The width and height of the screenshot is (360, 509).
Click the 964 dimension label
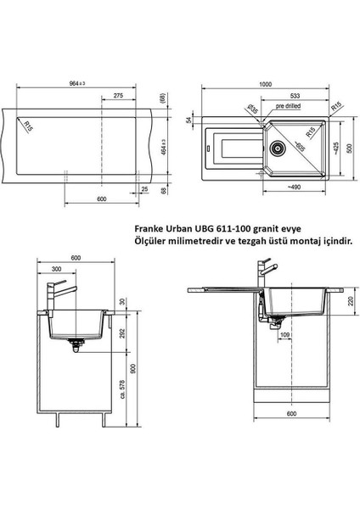tap(77, 83)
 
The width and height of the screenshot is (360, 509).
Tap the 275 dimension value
tap(118, 95)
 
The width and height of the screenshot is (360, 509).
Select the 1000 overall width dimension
tap(265, 84)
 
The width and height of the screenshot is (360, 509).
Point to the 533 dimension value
tap(295, 96)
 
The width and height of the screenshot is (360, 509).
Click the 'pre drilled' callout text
tap(288, 106)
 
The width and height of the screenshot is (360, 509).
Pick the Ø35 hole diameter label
tap(252, 109)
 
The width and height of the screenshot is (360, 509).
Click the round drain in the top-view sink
tap(278, 148)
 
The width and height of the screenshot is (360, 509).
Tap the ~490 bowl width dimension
tap(294, 187)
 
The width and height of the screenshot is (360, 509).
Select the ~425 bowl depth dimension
tap(336, 149)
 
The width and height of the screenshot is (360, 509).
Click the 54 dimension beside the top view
tap(188, 120)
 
